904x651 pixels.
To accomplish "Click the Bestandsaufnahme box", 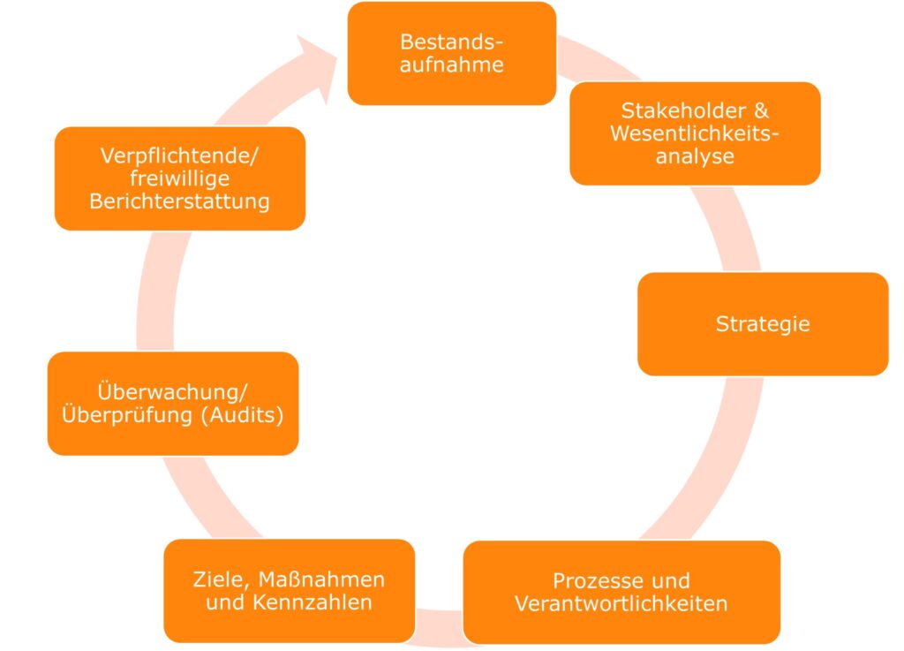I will click(451, 53).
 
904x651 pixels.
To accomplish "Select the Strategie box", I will click(763, 323).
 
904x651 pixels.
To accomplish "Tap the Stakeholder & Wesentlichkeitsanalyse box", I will click(695, 133).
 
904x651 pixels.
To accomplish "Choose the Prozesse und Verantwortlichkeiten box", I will click(621, 592).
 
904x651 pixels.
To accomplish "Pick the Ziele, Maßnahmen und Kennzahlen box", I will click(289, 591).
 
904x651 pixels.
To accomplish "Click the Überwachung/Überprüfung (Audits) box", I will click(173, 403).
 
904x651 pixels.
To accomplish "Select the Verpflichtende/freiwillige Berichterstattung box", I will click(179, 178).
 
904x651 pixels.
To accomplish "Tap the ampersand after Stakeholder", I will click(760, 111).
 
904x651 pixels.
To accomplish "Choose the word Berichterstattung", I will click(179, 201).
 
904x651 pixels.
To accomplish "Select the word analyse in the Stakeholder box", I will click(695, 157).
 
